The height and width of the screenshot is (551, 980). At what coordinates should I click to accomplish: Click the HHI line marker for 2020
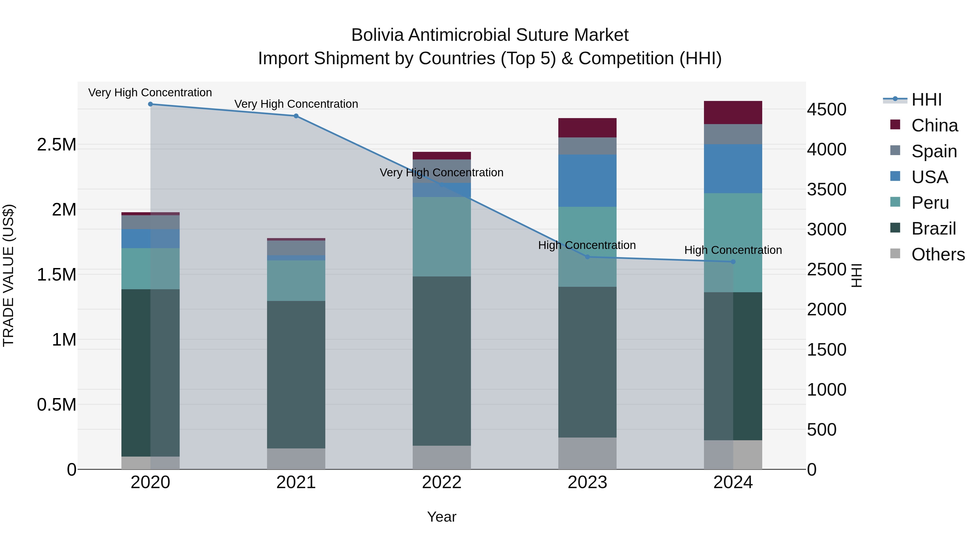(150, 104)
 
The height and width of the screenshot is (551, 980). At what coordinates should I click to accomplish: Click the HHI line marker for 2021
(296, 116)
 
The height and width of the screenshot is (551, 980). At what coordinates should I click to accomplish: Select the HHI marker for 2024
(733, 261)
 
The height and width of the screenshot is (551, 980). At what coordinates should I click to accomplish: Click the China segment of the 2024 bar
(733, 113)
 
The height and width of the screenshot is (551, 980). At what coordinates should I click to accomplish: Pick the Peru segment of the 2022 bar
(442, 236)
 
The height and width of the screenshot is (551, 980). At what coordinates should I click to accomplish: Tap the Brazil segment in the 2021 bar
(296, 375)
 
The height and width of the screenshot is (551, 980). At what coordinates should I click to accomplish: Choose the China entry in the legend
(934, 125)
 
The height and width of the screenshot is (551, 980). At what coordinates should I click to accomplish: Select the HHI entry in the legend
(926, 100)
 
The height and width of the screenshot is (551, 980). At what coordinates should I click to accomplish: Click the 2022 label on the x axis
(442, 482)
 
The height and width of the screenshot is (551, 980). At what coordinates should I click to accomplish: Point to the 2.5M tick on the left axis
(56, 145)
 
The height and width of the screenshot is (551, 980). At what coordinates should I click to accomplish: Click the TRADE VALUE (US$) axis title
(8, 275)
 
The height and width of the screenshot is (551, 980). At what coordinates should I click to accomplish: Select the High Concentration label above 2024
(733, 250)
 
